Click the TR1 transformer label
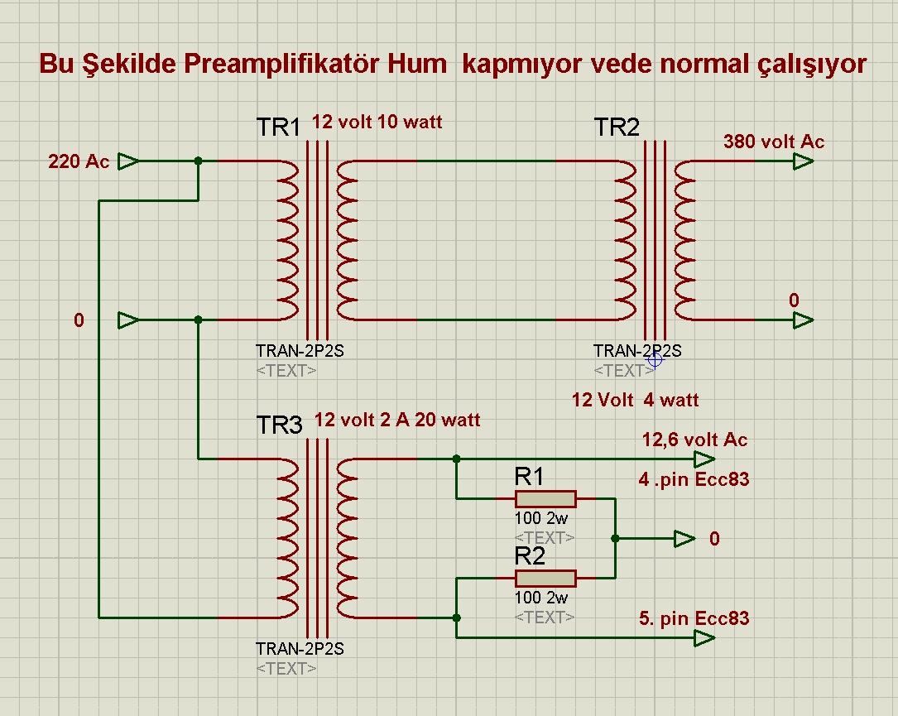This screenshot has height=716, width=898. (x=279, y=127)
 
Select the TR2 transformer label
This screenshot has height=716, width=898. (x=617, y=127)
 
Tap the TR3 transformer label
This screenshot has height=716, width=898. (x=279, y=425)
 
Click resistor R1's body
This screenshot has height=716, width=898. (x=545, y=498)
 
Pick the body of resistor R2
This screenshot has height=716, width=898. (x=545, y=578)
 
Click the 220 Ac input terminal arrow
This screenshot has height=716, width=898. (x=128, y=161)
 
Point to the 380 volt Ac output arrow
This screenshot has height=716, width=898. (x=803, y=161)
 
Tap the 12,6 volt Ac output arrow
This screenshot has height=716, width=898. (x=704, y=459)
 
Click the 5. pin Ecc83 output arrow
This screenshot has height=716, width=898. (x=704, y=638)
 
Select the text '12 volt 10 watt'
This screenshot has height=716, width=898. (x=377, y=122)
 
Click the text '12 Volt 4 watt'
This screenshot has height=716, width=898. (x=635, y=400)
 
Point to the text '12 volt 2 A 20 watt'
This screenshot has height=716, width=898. (x=397, y=420)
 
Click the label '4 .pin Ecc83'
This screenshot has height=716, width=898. (x=694, y=479)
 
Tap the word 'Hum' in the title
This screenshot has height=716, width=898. (x=417, y=64)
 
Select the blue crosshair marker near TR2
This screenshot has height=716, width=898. (x=655, y=359)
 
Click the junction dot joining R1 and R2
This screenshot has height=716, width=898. (x=615, y=538)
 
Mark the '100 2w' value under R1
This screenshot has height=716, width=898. (x=540, y=518)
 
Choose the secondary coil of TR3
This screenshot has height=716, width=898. (x=347, y=538)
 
